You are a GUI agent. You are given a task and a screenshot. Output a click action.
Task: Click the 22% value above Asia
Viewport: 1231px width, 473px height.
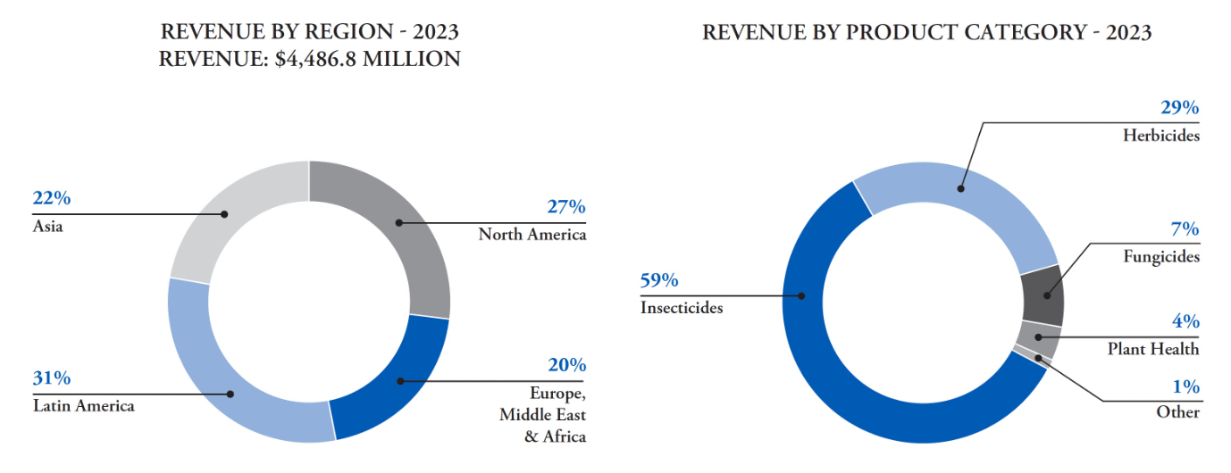tap(52, 199)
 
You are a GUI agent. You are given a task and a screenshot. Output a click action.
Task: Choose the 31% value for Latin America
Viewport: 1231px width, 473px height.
tap(52, 378)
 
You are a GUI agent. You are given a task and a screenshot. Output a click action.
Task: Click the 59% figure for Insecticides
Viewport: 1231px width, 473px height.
tap(659, 280)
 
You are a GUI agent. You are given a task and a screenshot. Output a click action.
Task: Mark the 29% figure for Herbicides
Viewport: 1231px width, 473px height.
tap(1180, 108)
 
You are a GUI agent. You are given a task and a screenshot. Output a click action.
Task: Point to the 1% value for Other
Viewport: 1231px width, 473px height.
tap(1186, 387)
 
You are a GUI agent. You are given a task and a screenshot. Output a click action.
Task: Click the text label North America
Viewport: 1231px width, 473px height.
tap(532, 235)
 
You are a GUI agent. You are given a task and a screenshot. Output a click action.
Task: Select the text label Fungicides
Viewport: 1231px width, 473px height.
tap(1160, 256)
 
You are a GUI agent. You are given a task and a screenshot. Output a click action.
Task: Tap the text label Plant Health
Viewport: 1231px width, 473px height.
tap(1153, 349)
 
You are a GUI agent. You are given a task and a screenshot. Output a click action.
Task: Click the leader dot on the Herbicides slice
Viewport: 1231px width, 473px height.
tap(961, 188)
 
